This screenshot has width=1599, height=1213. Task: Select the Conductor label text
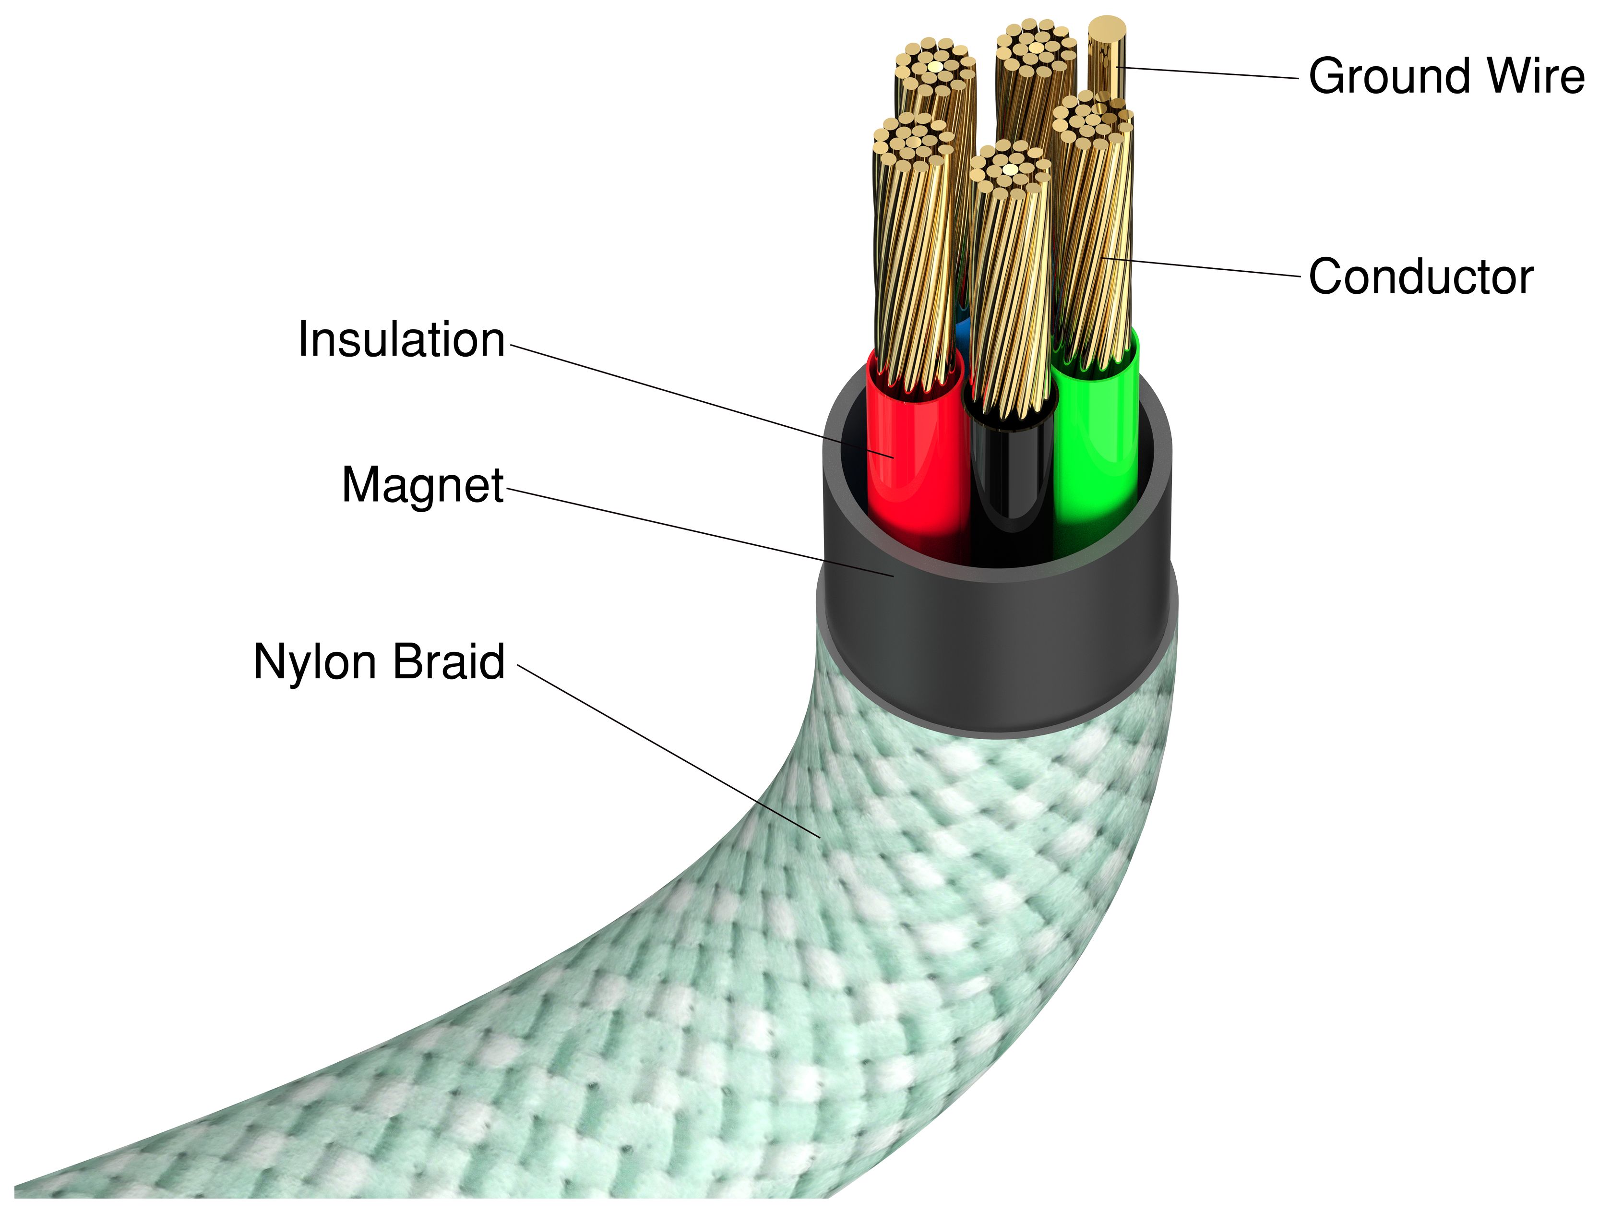point(1420,277)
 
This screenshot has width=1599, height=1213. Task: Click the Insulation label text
point(401,340)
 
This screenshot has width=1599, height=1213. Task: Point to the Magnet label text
point(422,485)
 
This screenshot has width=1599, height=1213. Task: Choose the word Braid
point(448,661)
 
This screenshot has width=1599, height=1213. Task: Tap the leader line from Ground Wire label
point(1207,73)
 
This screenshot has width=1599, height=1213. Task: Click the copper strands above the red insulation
point(915,275)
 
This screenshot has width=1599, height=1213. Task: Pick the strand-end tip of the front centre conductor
point(1010,166)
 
